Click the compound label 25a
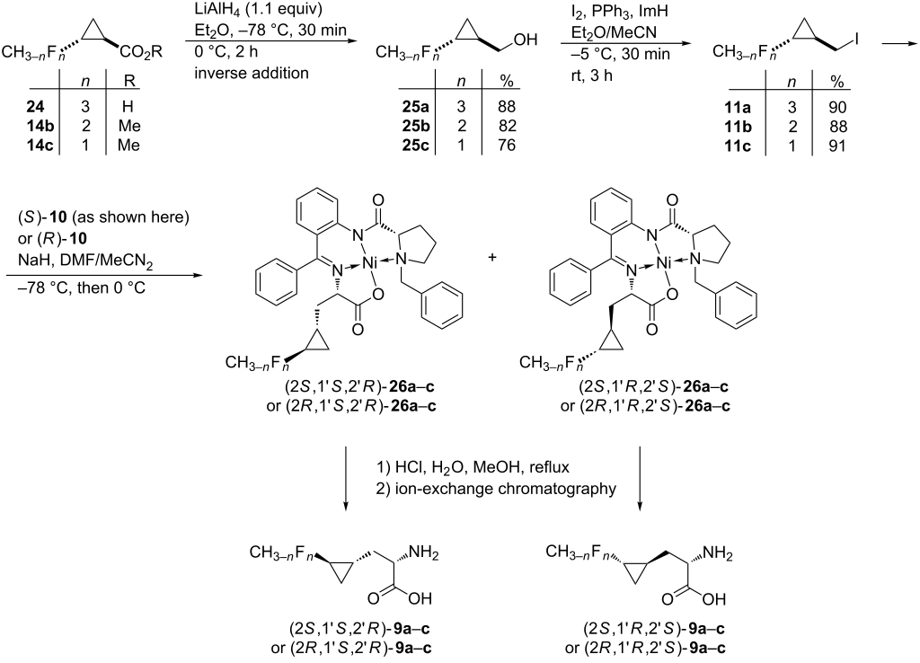point(415,107)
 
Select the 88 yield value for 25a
point(506,107)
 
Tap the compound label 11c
point(737,146)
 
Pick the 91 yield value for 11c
point(837,146)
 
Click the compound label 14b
point(40,126)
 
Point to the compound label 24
point(35,107)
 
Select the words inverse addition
point(252,74)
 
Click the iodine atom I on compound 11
point(857,40)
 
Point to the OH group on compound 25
point(526,40)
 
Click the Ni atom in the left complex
point(369,263)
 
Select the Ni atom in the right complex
point(664,263)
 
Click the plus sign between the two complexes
point(491,257)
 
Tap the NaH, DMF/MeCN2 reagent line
point(85,261)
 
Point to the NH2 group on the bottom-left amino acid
point(423,552)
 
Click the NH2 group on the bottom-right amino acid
point(718,552)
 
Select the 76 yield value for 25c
point(506,146)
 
